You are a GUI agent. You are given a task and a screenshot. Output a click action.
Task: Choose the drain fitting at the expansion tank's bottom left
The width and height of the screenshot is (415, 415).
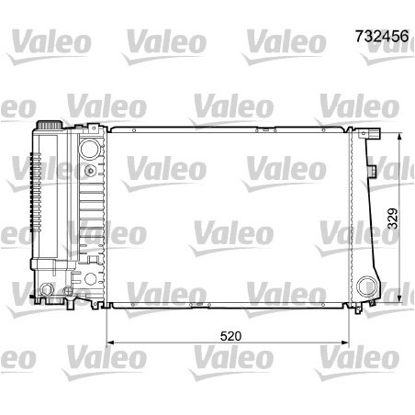coord(43,293)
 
